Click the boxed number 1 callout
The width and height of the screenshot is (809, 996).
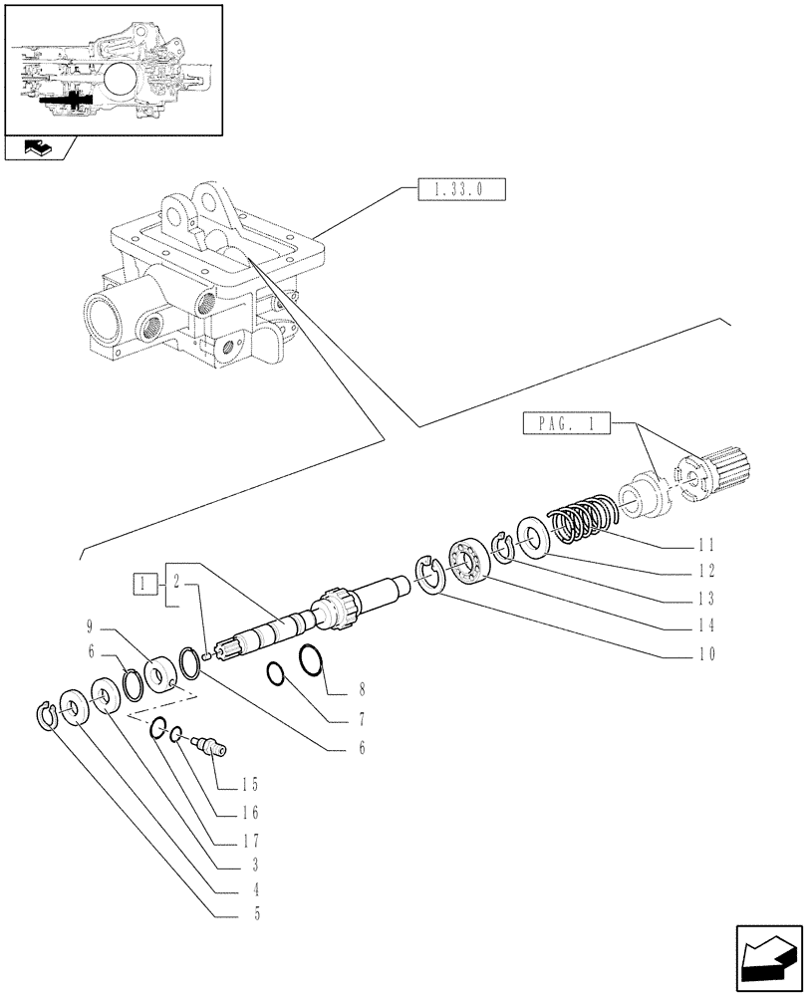pyautogui.click(x=143, y=584)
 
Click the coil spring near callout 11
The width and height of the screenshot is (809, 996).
pyautogui.click(x=582, y=524)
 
